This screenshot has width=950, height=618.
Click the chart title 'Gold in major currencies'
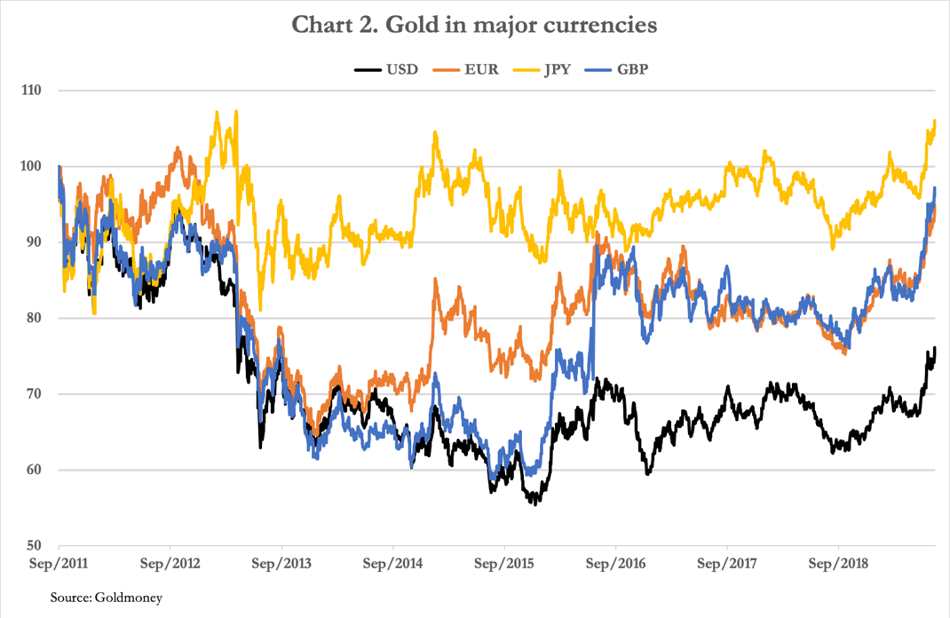coord(475,25)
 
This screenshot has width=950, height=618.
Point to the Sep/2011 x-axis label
coord(59,564)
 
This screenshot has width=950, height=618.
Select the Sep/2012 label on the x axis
coord(170,564)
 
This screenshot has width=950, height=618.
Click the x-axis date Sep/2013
coord(281,564)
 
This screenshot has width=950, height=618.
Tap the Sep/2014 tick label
coord(393,564)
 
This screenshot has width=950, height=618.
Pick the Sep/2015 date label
coord(504,564)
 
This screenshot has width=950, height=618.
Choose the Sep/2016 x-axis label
coord(615,564)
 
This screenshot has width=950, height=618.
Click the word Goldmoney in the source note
coord(128,598)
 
